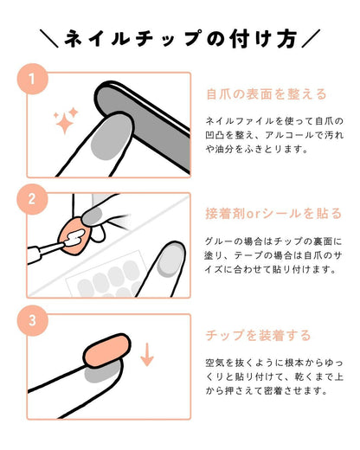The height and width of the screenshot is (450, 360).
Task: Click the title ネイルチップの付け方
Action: point(180,38)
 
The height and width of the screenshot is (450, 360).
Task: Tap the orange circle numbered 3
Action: point(32,320)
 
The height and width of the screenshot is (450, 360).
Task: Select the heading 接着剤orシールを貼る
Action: point(273,213)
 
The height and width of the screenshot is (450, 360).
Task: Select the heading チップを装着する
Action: point(258,334)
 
